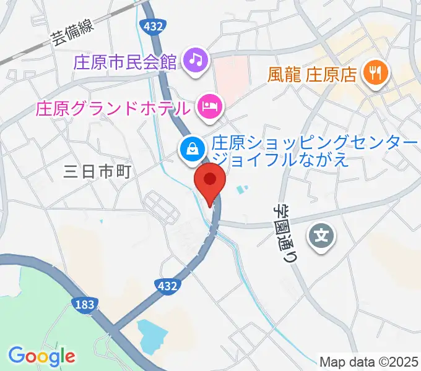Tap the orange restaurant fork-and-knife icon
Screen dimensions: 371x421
pyautogui.click(x=375, y=74)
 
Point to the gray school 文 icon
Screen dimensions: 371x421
pyautogui.click(x=322, y=235)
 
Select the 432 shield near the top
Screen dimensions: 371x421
pyautogui.click(x=152, y=26)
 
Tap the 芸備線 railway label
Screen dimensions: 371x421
pyautogui.click(x=72, y=33)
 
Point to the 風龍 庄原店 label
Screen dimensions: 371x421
pyautogui.click(x=313, y=75)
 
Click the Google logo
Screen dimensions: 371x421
pyautogui.click(x=41, y=356)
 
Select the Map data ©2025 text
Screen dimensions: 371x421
pyautogui.click(x=369, y=362)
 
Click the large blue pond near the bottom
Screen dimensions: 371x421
pyautogui.click(x=152, y=336)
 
